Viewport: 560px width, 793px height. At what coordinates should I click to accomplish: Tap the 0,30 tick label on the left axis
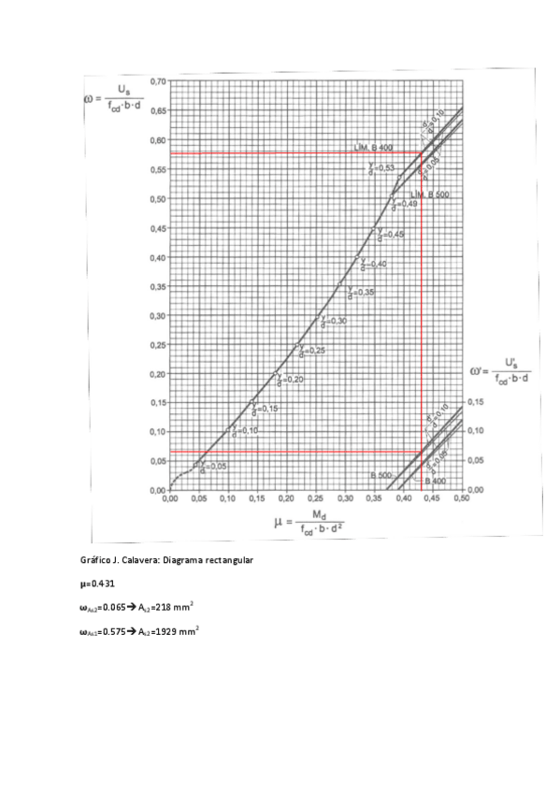pos(156,315)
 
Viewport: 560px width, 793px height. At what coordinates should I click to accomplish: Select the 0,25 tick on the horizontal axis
pos(315,498)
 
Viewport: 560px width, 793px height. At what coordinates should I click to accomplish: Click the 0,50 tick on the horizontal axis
pos(461,498)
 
